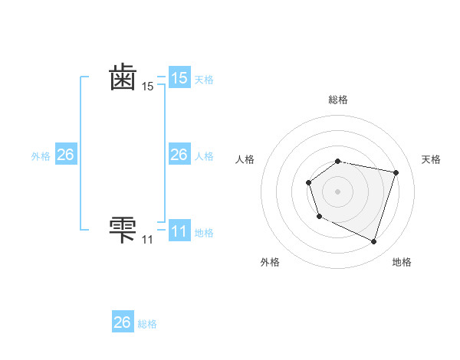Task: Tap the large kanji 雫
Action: pyautogui.click(x=123, y=228)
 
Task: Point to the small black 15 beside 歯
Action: pyautogui.click(x=147, y=87)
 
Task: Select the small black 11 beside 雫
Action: pyautogui.click(x=147, y=240)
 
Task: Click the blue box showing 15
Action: pyautogui.click(x=179, y=78)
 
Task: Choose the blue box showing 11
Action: pyautogui.click(x=179, y=231)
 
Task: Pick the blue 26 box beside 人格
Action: pyautogui.click(x=179, y=155)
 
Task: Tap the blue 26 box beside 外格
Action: pyautogui.click(x=66, y=155)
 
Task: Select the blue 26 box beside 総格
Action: pyautogui.click(x=123, y=322)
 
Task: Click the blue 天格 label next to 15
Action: pyautogui.click(x=204, y=80)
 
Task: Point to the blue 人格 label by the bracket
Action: pyautogui.click(x=204, y=156)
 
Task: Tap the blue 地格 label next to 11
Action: pyautogui.click(x=204, y=233)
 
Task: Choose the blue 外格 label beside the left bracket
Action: pyautogui.click(x=41, y=156)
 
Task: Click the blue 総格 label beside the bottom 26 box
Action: pyautogui.click(x=147, y=324)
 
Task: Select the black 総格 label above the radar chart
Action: pyautogui.click(x=338, y=100)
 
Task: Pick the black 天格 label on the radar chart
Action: pyautogui.click(x=432, y=159)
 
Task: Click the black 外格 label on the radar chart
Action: pyautogui.click(x=270, y=262)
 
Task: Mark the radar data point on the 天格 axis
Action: pyautogui.click(x=396, y=172)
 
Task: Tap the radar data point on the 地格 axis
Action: pyautogui.click(x=373, y=241)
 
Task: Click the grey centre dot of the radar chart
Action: pyautogui.click(x=338, y=191)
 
